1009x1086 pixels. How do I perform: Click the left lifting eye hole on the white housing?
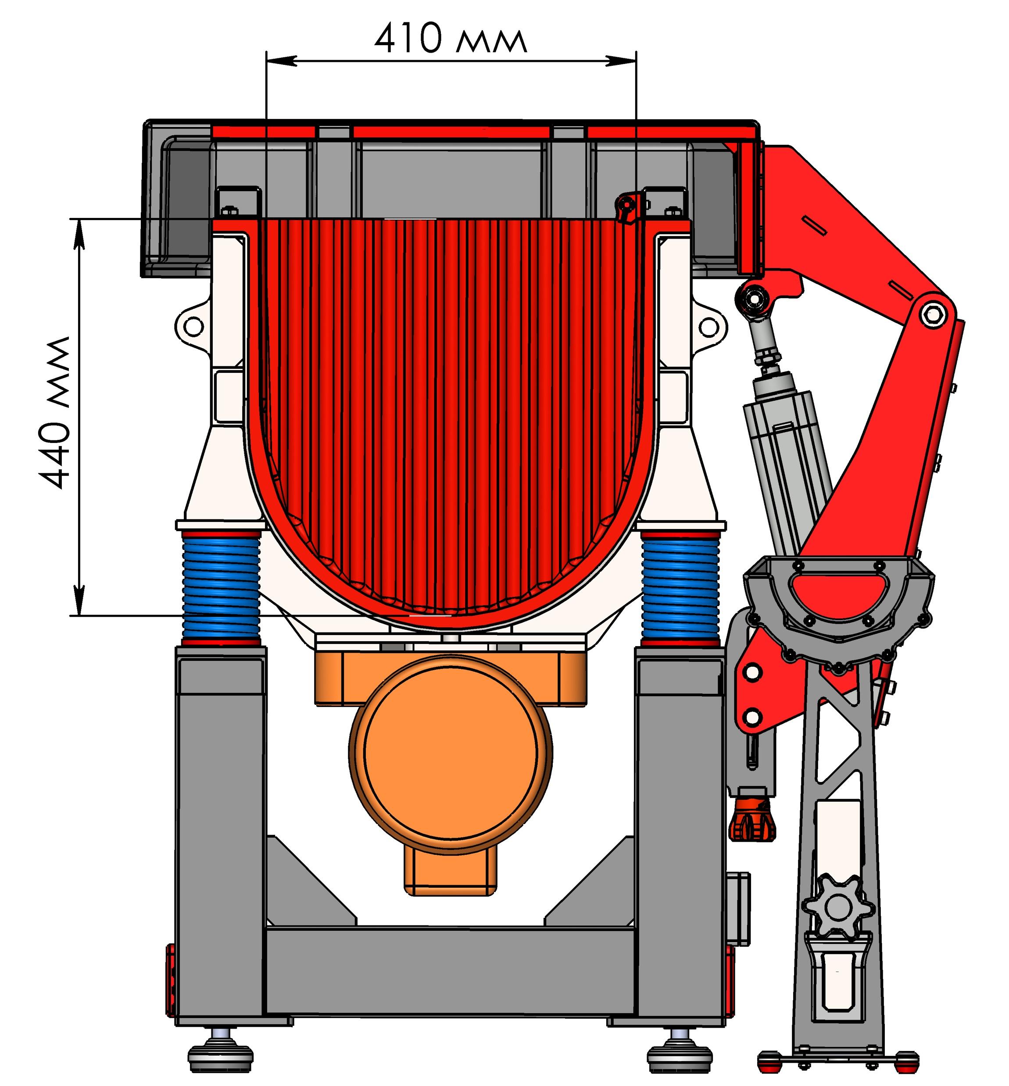click(194, 326)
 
